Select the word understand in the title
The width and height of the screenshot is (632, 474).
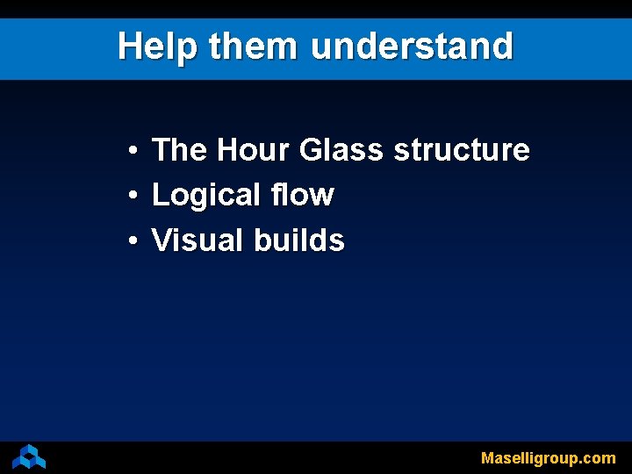(x=412, y=47)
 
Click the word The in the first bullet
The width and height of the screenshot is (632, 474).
(x=179, y=150)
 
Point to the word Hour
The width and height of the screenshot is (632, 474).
(x=253, y=150)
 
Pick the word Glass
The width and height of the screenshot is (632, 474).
(x=341, y=150)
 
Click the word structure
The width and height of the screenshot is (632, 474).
(x=462, y=150)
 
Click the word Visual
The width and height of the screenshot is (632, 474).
(x=198, y=240)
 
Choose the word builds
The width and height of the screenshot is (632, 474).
(x=299, y=240)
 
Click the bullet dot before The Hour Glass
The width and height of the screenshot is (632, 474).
(x=129, y=152)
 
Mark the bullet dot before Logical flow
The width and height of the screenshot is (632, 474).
(x=129, y=197)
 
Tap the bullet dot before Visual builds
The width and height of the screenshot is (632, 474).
(x=129, y=241)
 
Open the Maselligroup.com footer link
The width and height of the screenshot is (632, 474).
(x=548, y=457)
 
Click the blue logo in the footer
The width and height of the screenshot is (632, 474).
(x=29, y=456)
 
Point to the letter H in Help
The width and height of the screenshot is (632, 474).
(x=129, y=47)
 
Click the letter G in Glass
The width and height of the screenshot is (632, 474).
(x=312, y=150)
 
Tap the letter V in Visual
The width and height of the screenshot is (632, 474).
(x=162, y=240)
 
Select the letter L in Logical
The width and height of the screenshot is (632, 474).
(x=160, y=195)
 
